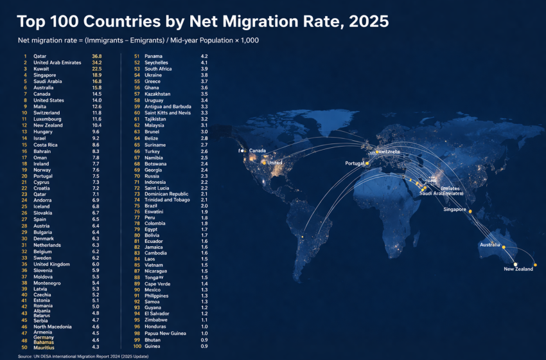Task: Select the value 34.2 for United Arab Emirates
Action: tap(97, 62)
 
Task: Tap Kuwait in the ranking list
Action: tap(42, 69)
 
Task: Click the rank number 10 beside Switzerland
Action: tap(24, 113)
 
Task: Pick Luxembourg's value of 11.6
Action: tap(97, 119)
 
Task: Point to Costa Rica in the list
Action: tap(46, 145)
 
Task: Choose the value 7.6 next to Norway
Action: tap(96, 170)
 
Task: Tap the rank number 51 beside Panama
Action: tap(137, 57)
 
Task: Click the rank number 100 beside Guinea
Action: tap(137, 346)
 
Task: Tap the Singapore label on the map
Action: tap(454, 210)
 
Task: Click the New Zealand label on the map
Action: tap(518, 269)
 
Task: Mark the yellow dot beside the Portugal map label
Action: tap(367, 163)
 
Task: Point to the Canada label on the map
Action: tap(258, 150)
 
